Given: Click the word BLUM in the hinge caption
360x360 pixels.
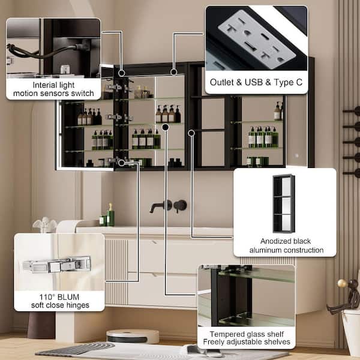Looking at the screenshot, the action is point(68,297).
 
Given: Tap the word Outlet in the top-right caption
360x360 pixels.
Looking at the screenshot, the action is point(222,82).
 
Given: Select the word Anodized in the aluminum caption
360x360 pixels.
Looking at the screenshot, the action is point(274,241).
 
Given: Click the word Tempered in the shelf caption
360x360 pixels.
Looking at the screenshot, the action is point(224,334).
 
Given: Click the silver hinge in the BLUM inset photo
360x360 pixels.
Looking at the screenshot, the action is point(57,265).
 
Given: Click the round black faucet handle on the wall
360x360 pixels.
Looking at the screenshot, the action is point(180,205).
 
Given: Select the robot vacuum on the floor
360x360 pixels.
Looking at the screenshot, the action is point(133,337).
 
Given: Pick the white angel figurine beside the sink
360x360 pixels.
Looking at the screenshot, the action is point(45,224).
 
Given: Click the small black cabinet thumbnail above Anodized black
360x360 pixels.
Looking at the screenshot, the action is point(284,203).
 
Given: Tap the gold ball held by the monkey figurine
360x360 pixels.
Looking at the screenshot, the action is point(342,283).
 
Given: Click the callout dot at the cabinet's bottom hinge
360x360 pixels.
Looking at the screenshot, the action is point(121,163).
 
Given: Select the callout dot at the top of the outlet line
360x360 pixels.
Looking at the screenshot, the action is point(174,72).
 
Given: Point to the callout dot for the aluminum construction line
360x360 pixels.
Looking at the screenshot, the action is point(191,133).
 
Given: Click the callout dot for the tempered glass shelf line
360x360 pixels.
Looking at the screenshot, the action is point(166,127).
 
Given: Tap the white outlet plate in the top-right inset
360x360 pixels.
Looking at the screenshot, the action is point(257,39).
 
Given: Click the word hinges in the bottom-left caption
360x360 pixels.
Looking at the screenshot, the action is point(77,305).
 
